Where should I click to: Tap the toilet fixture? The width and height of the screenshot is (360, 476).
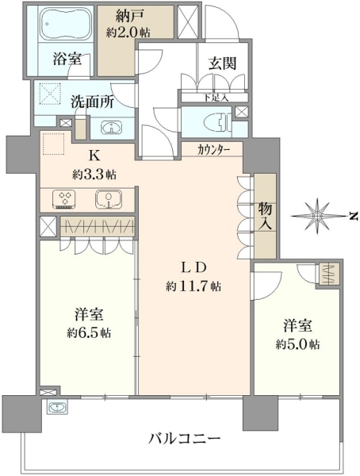(220, 121)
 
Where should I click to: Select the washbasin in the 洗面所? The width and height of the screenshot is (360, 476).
(111, 127)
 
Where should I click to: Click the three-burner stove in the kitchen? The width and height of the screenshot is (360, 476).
(64, 199)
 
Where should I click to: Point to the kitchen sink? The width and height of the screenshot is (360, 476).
(109, 199)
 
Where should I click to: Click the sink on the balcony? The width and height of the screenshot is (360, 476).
(57, 407)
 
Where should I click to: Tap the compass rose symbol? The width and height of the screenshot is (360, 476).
(318, 216)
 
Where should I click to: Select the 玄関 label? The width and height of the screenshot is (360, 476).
(222, 63)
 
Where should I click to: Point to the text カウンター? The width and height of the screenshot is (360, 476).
(213, 150)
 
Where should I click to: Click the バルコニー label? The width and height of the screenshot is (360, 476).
(184, 439)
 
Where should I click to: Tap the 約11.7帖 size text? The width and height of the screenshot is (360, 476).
(193, 286)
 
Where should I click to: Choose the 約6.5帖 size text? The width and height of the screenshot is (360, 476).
(89, 332)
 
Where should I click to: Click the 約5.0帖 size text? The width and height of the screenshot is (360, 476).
(297, 344)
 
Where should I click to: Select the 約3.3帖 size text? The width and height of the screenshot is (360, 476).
(94, 175)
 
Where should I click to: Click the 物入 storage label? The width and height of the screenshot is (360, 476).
(265, 217)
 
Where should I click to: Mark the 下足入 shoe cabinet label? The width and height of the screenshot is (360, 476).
(216, 98)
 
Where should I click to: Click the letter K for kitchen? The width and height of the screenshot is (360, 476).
(94, 156)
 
